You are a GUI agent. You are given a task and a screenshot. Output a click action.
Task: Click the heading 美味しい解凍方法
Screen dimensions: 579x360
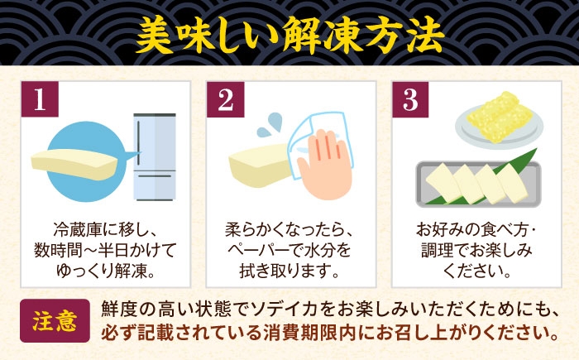(x=289, y=36)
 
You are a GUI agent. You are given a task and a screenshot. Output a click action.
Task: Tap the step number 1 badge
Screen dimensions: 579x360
(x=40, y=99)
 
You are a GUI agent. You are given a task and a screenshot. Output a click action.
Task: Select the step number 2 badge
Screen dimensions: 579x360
(x=225, y=99)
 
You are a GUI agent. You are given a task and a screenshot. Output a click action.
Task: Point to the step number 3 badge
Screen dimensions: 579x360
(x=410, y=99)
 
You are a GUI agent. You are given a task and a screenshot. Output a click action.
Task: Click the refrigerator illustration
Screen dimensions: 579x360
(x=155, y=156)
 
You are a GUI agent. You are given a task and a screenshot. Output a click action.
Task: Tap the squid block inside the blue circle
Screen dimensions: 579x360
(x=74, y=164)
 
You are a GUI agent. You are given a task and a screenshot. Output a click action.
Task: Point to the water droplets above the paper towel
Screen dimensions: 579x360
(x=270, y=125)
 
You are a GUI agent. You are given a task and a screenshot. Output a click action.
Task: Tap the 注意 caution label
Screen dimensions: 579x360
(x=55, y=320)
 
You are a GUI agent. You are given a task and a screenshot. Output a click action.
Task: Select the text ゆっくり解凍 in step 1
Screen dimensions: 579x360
(x=100, y=271)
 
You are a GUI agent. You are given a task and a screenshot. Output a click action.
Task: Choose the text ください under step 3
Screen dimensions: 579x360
(x=471, y=271)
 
